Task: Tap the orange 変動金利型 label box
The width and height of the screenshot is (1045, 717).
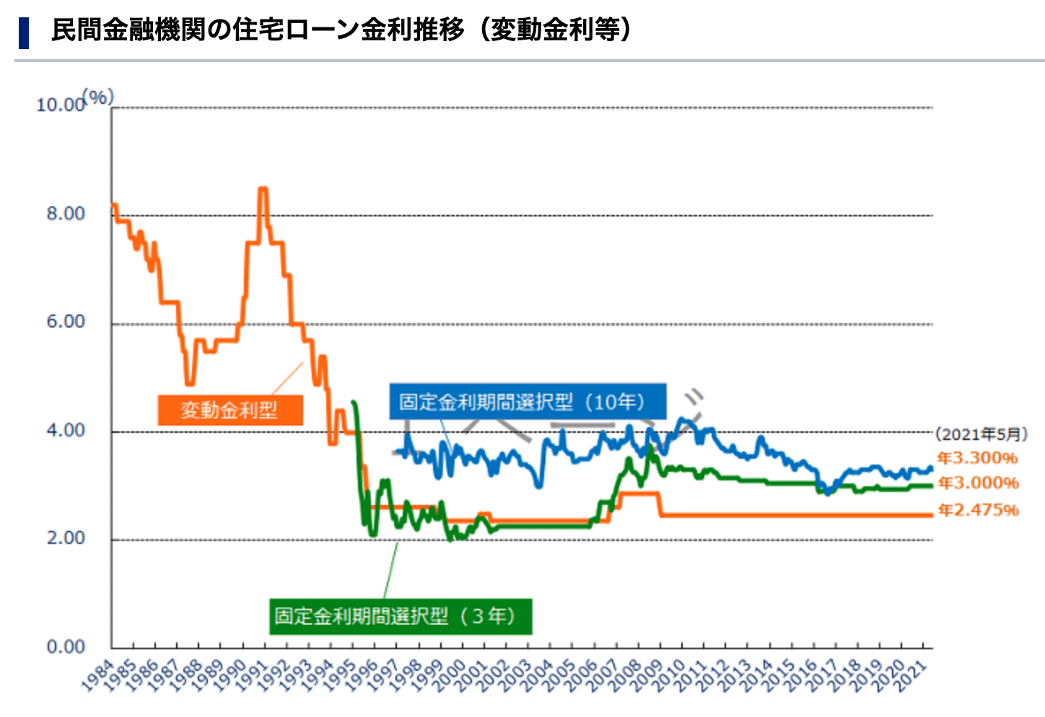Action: coord(230,410)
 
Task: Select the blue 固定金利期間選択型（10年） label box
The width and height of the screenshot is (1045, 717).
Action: coord(528,401)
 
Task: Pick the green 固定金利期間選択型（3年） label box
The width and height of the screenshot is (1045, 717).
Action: coord(401,616)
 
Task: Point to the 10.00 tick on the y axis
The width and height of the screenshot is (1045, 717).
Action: coord(61,105)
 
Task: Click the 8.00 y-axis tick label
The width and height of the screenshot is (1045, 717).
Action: coord(66,214)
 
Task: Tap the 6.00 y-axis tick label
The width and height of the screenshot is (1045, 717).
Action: coord(66,322)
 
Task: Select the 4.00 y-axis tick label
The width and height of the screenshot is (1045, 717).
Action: coord(66,430)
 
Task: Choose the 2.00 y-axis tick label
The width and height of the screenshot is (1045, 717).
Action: coord(66,538)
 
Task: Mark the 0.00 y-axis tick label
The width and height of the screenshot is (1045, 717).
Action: coord(66,646)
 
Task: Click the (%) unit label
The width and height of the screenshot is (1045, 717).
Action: coord(98,96)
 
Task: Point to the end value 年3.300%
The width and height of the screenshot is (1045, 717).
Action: coord(977,458)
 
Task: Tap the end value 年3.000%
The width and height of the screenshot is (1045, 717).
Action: coord(978,483)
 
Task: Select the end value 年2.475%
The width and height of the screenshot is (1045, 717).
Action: coord(978,510)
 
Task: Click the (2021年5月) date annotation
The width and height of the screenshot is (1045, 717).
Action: coord(981,434)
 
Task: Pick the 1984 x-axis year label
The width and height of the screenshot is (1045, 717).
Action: coord(98,675)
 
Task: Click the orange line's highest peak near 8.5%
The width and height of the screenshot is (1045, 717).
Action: coord(263,189)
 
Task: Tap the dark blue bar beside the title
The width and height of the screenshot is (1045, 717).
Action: coord(24,32)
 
